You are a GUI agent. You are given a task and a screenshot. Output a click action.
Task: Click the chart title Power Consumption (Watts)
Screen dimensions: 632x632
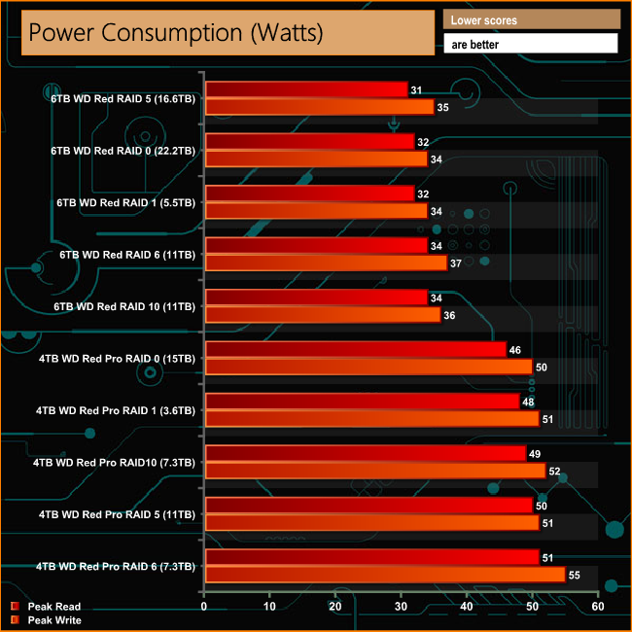click(175, 33)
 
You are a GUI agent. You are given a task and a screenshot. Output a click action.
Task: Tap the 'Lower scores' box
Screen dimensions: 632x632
click(531, 19)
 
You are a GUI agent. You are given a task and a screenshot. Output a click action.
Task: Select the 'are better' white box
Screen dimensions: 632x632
click(531, 44)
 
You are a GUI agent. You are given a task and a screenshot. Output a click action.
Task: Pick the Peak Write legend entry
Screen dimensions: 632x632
click(53, 619)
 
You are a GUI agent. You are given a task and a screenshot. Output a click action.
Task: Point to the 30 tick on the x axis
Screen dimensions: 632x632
click(402, 607)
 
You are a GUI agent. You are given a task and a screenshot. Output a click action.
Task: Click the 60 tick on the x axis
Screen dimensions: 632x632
click(598, 607)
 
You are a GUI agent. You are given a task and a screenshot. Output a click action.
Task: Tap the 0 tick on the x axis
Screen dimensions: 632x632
click(204, 607)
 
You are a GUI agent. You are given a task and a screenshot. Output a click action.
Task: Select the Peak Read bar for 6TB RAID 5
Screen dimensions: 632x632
click(305, 90)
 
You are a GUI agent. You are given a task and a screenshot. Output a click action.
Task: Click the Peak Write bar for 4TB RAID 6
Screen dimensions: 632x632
click(384, 575)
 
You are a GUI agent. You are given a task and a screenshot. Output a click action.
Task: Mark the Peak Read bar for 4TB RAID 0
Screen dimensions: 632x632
click(355, 349)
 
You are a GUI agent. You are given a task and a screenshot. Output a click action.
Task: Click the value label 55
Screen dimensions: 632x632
click(574, 576)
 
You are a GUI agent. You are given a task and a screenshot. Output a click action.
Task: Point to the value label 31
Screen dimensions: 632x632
click(416, 90)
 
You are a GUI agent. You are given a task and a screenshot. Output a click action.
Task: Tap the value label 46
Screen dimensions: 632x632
click(514, 349)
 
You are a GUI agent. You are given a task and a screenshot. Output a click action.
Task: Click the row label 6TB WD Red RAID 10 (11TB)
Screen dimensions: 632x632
click(126, 307)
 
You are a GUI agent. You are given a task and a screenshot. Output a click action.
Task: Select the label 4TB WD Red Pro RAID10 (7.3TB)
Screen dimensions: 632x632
click(114, 463)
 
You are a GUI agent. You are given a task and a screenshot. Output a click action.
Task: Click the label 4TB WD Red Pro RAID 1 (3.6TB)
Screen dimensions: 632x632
click(116, 410)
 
